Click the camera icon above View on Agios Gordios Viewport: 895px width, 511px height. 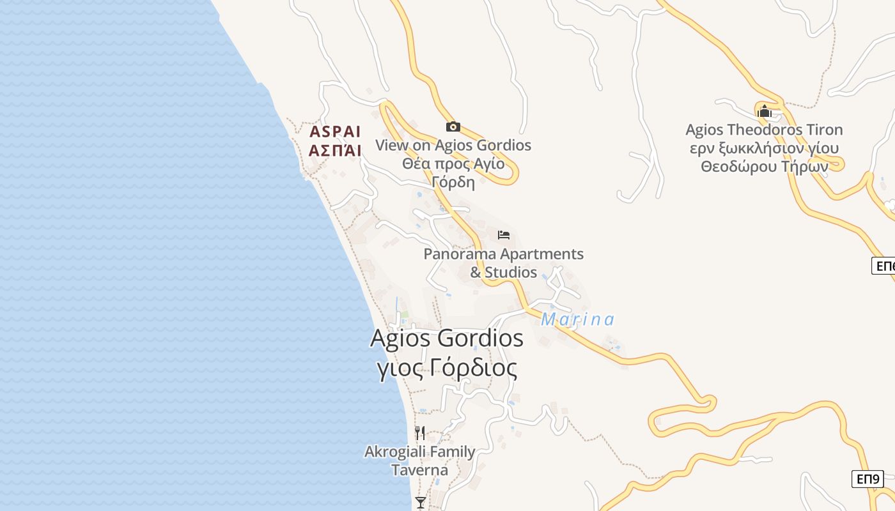click(453, 126)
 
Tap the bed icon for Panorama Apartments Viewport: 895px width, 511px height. click(504, 235)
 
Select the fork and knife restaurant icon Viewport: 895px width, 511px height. click(420, 432)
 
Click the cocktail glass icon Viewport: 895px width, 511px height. click(420, 502)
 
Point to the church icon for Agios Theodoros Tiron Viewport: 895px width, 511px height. click(764, 112)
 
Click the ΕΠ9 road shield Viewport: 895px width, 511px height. click(868, 478)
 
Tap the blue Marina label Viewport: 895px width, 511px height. click(577, 319)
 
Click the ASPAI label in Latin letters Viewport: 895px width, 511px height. click(335, 132)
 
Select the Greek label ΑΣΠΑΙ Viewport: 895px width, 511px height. click(335, 151)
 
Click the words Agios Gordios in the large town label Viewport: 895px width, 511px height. click(446, 339)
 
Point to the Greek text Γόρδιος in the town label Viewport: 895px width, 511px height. click(472, 369)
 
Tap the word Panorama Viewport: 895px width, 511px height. click(460, 254)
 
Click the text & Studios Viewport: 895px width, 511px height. click(504, 272)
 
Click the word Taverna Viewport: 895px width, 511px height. click(419, 470)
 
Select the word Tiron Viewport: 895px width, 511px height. click(823, 130)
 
